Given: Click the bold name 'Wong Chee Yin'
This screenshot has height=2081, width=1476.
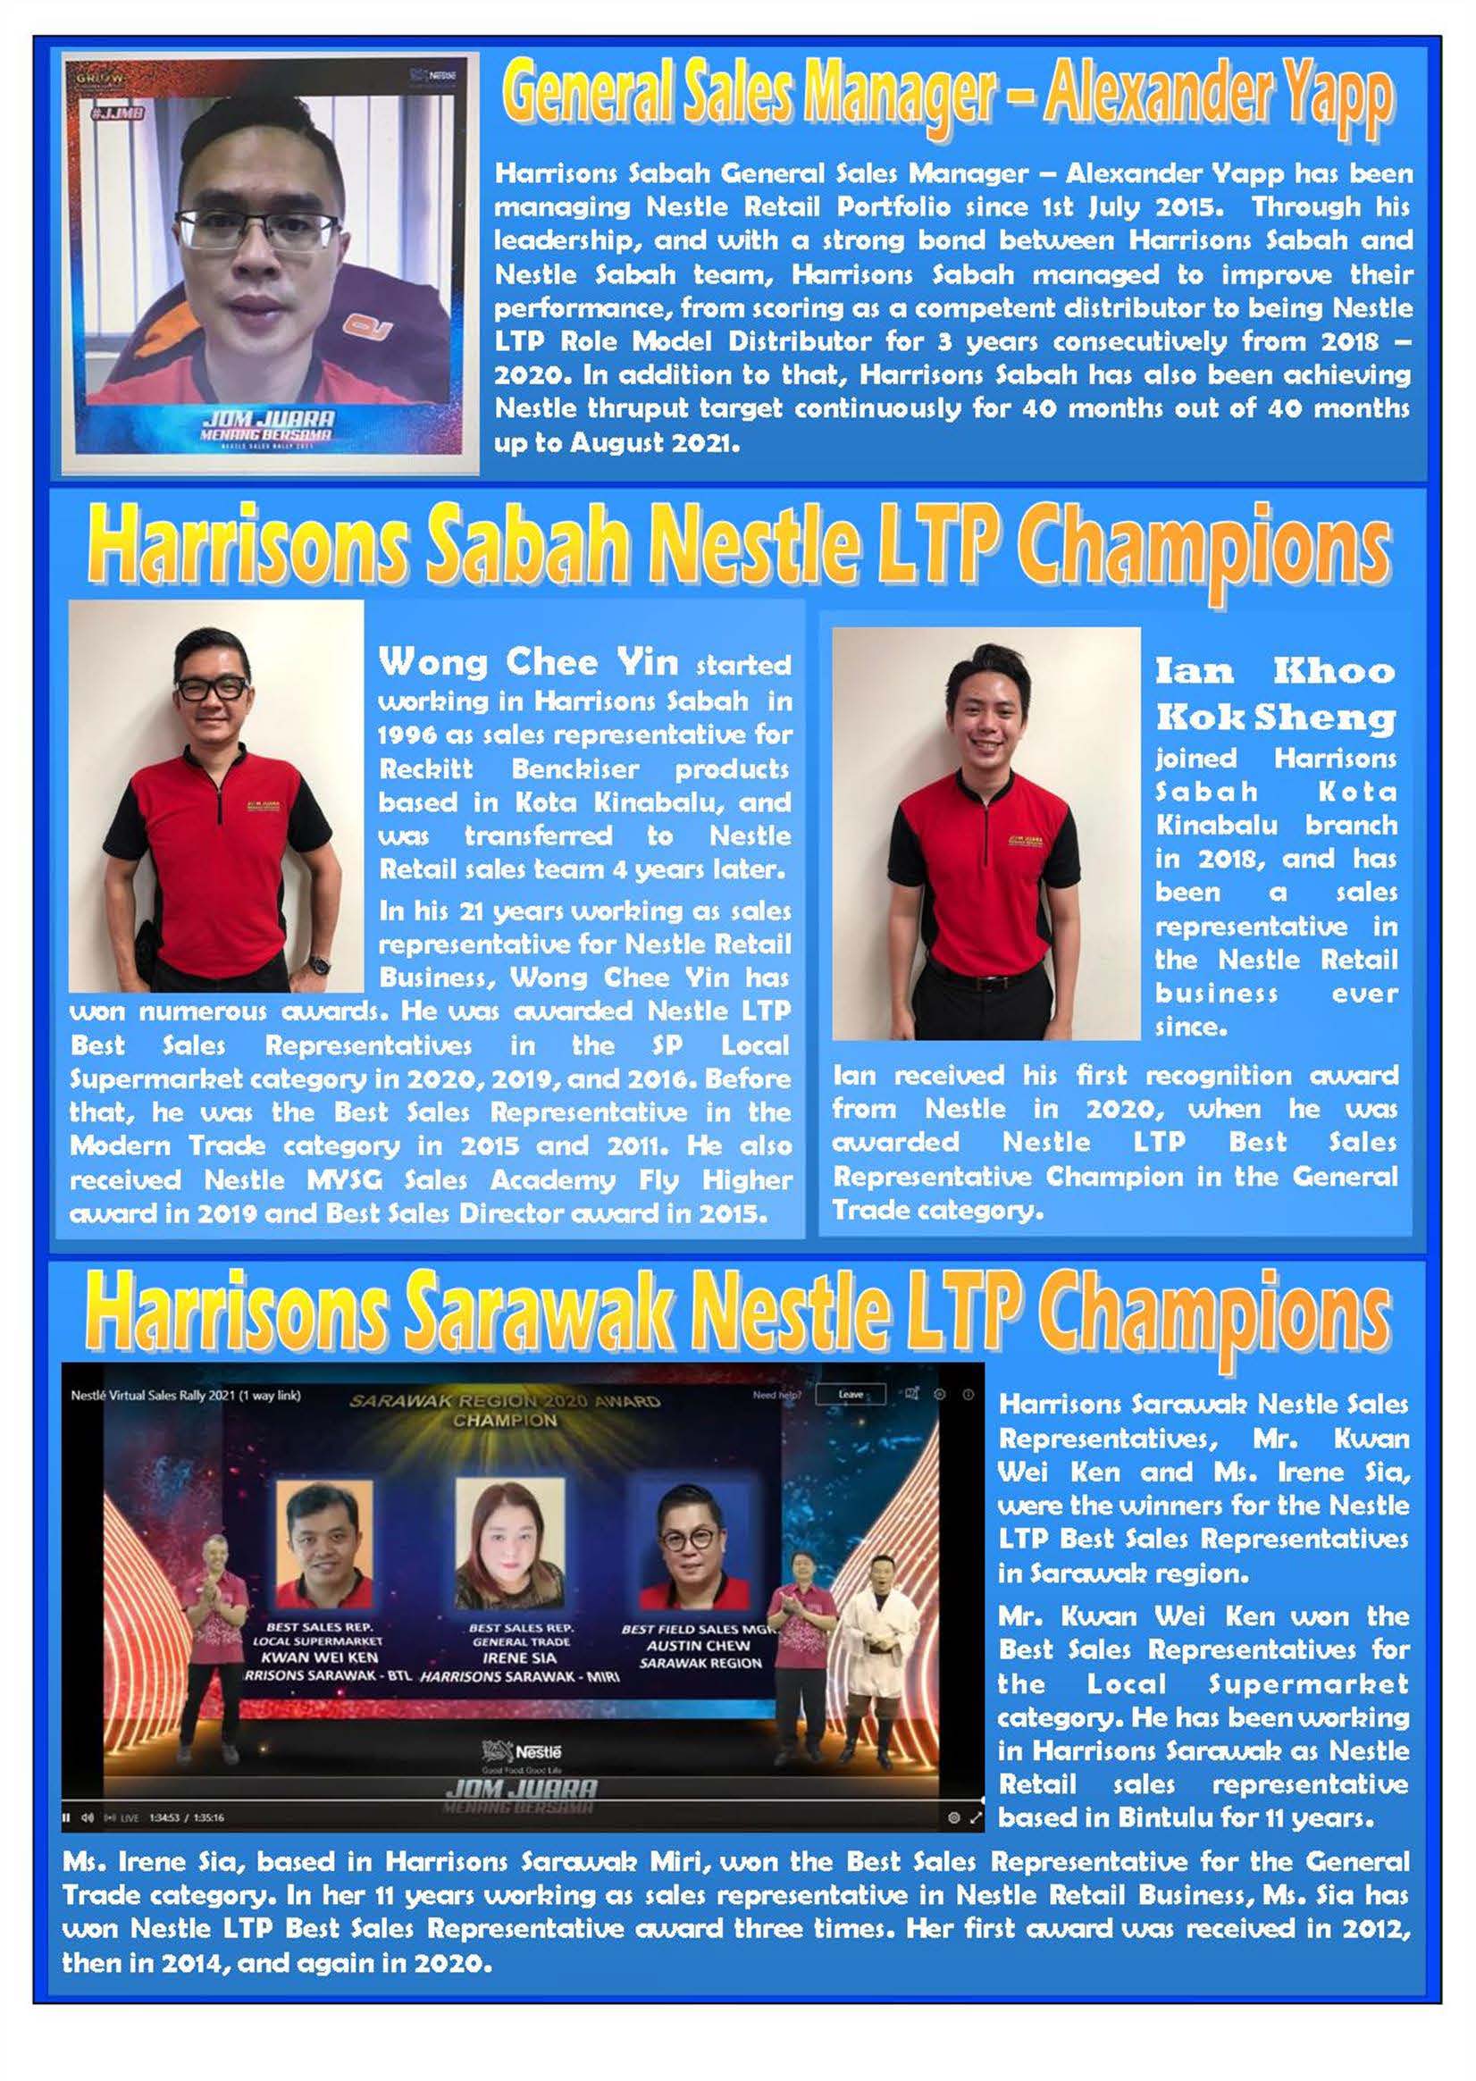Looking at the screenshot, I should (x=528, y=661).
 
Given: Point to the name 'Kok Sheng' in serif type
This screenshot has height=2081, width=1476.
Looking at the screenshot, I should (x=1275, y=717).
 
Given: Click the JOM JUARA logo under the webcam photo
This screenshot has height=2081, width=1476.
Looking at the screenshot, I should (x=268, y=424).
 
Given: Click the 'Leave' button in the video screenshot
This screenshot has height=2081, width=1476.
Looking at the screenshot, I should (x=851, y=1394).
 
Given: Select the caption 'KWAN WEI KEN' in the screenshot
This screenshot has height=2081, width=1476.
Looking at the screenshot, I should (x=318, y=1657).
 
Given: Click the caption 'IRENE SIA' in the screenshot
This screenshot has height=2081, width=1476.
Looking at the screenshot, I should (x=519, y=1657).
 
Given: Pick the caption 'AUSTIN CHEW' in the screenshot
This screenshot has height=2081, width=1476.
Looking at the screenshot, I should (x=698, y=1645).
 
